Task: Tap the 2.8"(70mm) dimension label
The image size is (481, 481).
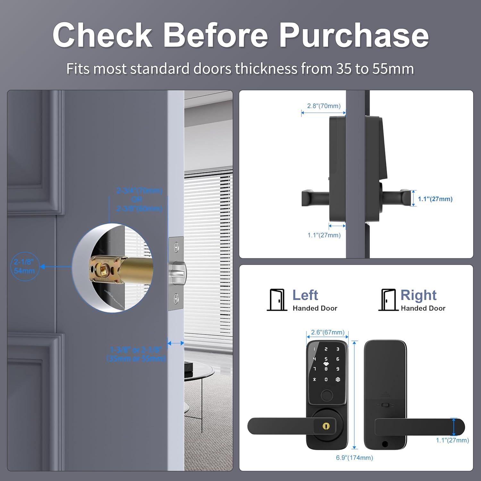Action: tap(324, 106)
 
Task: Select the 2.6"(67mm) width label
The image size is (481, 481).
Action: tap(328, 332)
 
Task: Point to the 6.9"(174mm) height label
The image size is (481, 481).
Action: tap(354, 458)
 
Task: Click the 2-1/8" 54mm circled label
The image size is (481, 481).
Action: tap(24, 266)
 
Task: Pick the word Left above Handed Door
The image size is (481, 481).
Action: tap(305, 295)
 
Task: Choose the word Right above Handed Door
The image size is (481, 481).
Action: tap(418, 295)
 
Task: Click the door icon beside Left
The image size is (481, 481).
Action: tap(277, 300)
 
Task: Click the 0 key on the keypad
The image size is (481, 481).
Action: tap(326, 379)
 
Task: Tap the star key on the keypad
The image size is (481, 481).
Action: tap(315, 379)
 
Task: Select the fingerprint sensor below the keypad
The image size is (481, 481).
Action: tap(326, 395)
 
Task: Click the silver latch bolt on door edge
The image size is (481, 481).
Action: tap(178, 273)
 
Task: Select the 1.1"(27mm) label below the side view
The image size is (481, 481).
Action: tap(324, 235)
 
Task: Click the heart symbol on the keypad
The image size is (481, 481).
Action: tap(326, 364)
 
